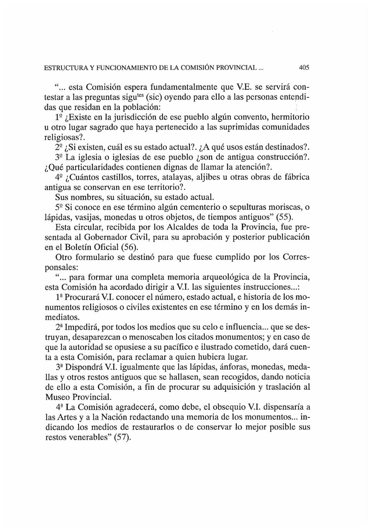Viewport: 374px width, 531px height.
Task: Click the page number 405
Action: click(304, 67)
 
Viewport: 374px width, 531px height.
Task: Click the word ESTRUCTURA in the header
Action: click(65, 68)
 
